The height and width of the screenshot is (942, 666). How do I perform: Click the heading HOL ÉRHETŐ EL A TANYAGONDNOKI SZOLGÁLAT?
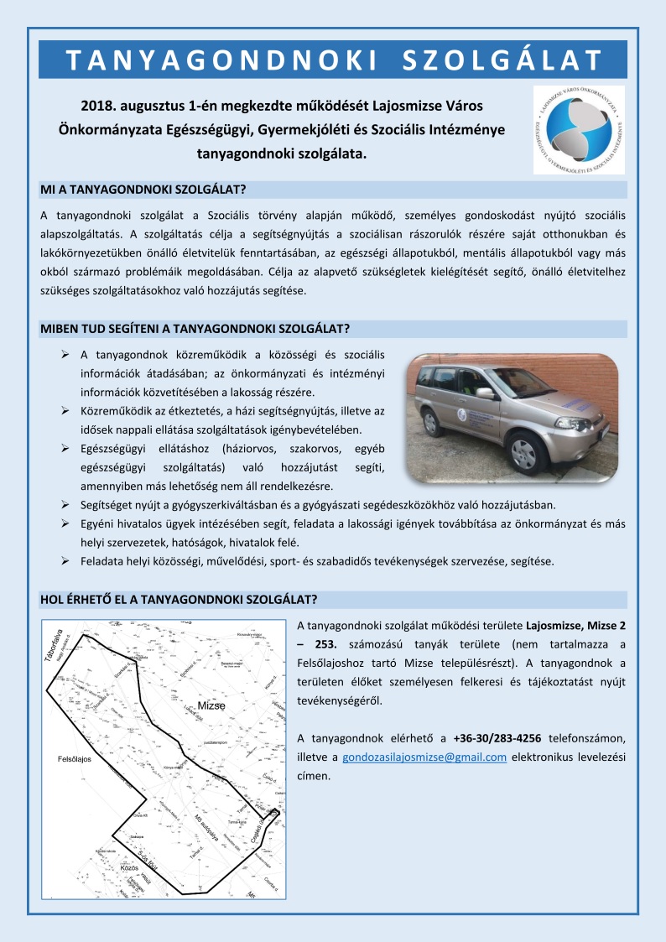point(178,599)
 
